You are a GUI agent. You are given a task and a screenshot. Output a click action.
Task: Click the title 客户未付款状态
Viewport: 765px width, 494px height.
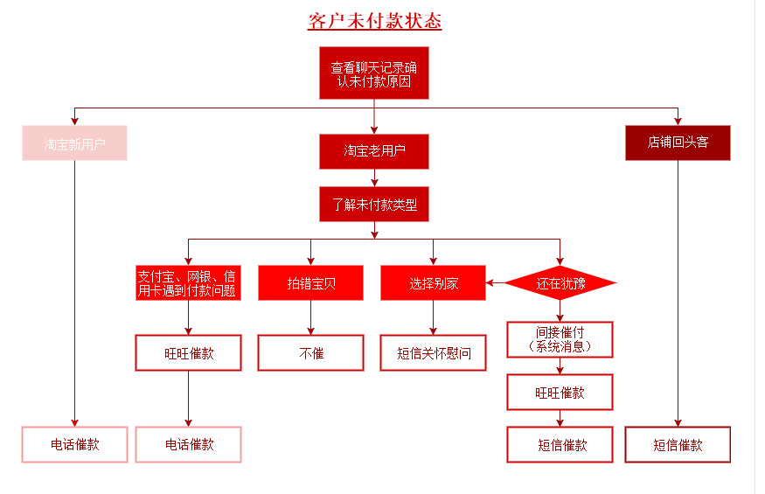point(374,21)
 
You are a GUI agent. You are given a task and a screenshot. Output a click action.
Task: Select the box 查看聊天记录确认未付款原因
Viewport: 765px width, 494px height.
point(374,73)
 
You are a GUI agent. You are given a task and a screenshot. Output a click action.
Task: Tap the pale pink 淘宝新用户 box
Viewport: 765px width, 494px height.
point(75,143)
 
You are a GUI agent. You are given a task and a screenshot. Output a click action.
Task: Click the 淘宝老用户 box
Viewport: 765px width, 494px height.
point(374,151)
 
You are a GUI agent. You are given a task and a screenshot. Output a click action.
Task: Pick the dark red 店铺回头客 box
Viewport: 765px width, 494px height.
point(678,143)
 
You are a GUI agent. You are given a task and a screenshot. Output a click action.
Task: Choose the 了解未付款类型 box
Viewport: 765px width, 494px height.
point(374,205)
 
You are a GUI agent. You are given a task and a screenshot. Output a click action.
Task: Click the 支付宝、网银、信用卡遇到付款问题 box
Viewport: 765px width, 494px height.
point(187,283)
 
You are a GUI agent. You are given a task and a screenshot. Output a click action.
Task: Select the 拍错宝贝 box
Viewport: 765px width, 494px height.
point(310,283)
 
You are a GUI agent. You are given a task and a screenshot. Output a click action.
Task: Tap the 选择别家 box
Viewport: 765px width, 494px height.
point(433,283)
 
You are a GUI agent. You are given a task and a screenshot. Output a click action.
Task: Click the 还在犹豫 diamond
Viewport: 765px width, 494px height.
point(560,283)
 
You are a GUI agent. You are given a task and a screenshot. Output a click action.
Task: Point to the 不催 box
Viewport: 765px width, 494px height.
point(310,353)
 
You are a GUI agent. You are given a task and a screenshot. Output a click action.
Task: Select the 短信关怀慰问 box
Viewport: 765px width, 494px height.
point(433,353)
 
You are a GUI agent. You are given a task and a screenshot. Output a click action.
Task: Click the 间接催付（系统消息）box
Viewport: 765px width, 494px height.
point(560,339)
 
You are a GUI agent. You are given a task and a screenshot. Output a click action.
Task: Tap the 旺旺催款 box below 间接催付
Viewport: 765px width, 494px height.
point(560,393)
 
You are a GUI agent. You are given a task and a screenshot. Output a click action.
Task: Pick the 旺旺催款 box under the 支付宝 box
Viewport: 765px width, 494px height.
point(187,353)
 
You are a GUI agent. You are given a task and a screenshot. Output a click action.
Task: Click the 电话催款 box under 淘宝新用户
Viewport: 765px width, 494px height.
point(75,444)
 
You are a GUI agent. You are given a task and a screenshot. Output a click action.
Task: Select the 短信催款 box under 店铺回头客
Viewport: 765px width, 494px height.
point(678,444)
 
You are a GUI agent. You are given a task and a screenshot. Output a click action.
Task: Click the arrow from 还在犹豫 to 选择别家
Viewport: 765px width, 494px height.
point(496,283)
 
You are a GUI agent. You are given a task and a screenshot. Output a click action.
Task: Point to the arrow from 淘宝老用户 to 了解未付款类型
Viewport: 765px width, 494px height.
point(374,177)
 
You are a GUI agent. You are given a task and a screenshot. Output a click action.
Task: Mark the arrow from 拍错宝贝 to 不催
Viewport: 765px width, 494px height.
point(310,318)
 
